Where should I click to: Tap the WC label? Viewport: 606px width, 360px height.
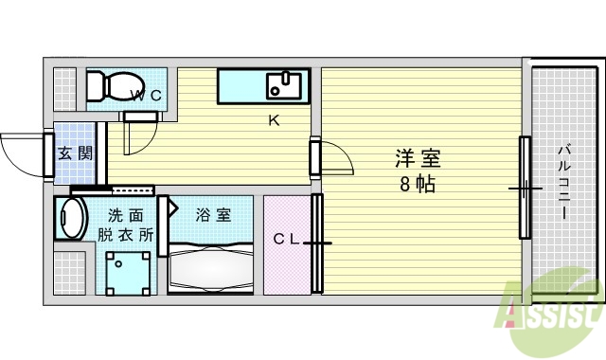146,95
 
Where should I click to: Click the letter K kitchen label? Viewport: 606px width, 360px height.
274,120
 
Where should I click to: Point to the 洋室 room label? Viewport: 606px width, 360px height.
418,159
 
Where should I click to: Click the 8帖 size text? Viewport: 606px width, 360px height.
417,184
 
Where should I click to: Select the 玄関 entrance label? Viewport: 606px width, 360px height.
75,153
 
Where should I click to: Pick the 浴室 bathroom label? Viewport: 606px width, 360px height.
213,214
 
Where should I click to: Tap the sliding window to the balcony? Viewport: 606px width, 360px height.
524,188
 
